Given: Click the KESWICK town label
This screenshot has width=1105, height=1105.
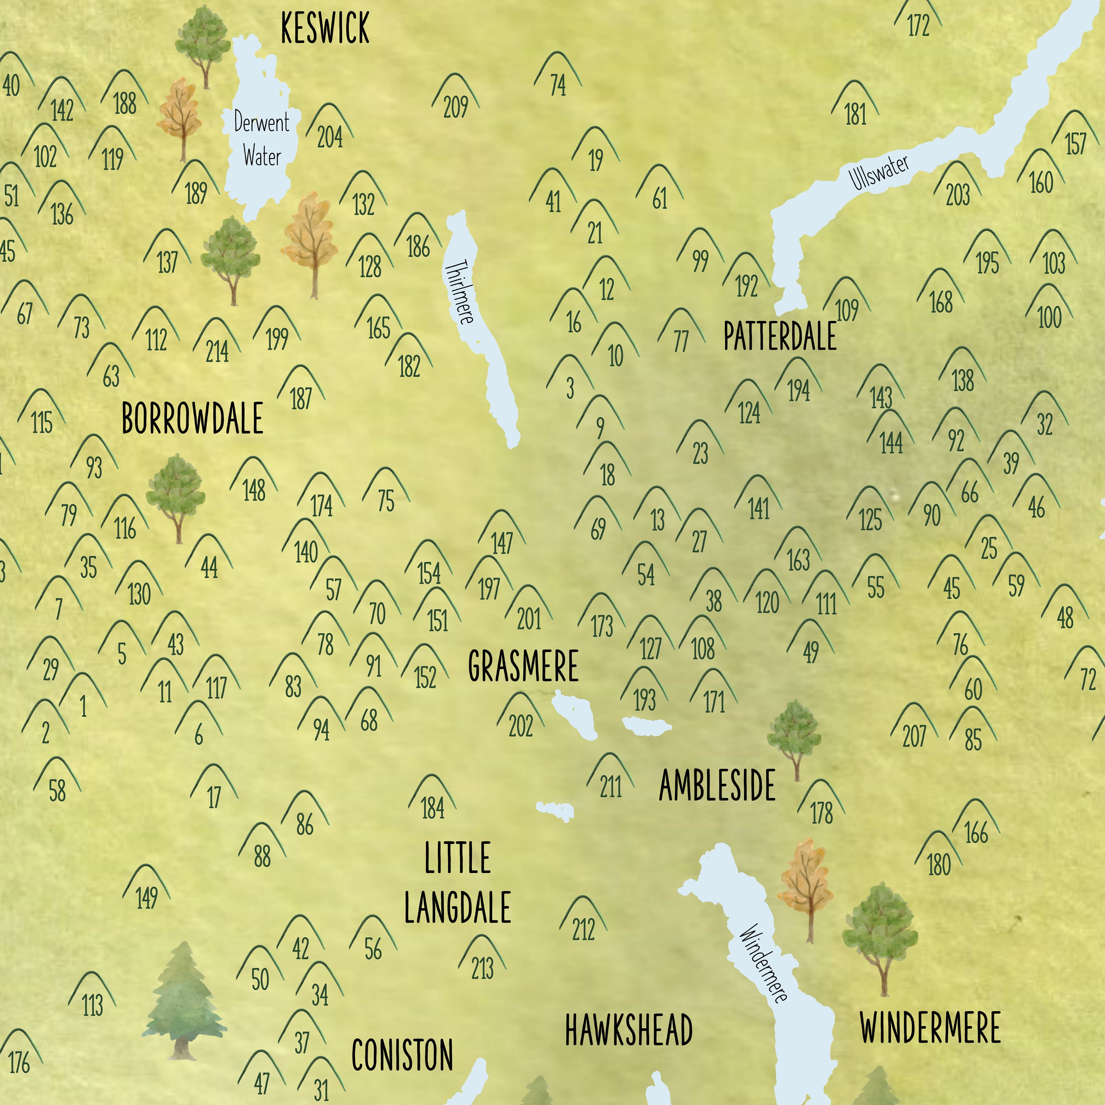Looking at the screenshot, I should pyautogui.click(x=325, y=29).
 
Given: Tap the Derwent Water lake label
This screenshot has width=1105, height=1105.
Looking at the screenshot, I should pyautogui.click(x=262, y=139).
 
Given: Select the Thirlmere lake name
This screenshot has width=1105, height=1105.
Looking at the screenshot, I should pyautogui.click(x=459, y=292).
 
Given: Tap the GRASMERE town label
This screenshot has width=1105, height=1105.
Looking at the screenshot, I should pyautogui.click(x=523, y=666).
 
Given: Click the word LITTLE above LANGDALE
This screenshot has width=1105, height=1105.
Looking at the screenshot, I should pyautogui.click(x=457, y=858).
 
